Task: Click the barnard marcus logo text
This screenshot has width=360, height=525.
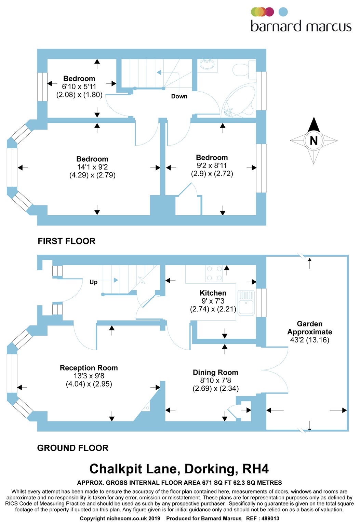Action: coord(301,26)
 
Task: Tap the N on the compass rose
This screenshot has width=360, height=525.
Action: coord(314,140)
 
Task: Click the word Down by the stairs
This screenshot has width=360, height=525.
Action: coord(179,96)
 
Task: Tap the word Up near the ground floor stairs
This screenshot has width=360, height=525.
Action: coord(93,282)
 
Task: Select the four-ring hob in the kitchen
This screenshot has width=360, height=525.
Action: coord(214,273)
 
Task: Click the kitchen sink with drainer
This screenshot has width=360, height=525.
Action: coord(246,302)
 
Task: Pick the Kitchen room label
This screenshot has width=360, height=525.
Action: coord(213,293)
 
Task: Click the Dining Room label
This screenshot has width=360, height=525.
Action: coord(215,372)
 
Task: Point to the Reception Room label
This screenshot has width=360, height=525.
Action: coord(89,368)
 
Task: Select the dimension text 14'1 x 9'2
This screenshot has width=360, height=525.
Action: coord(92,167)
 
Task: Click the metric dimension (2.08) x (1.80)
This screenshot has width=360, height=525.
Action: coord(79,95)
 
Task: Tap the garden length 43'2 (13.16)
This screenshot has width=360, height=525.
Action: coord(309,340)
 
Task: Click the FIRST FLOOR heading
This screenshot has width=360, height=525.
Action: coord(66,241)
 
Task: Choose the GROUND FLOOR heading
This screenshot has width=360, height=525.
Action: coord(72,448)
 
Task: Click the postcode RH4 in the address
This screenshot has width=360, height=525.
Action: coord(255,469)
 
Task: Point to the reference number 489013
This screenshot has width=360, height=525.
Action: coord(270,519)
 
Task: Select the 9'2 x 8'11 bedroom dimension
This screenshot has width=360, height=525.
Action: coord(212,165)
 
